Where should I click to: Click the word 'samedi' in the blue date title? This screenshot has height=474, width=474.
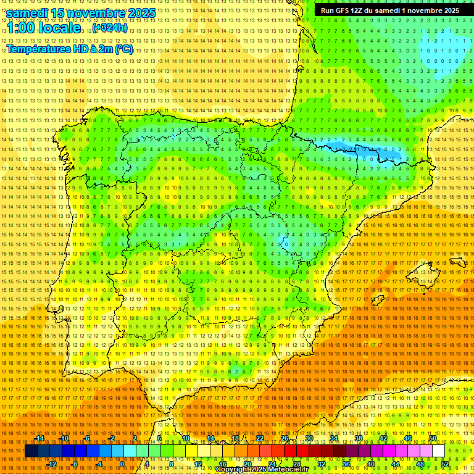pos(29,13)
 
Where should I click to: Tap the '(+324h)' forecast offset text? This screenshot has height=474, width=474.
pos(110,28)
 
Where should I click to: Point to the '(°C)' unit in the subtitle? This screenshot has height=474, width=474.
pos(124,49)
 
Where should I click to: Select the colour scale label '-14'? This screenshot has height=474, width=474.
pos(39,438)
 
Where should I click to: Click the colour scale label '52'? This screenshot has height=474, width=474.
pos(445,464)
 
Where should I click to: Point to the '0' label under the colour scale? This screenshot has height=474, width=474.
pos(122,464)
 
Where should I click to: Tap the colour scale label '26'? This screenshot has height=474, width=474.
pos(285,438)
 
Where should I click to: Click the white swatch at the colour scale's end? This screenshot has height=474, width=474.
pos(439,451)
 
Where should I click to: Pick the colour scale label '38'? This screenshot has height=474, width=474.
pos(359,438)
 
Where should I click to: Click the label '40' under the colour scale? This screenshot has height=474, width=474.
pos(371,464)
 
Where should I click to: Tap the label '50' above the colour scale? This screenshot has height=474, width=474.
pos(433,438)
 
